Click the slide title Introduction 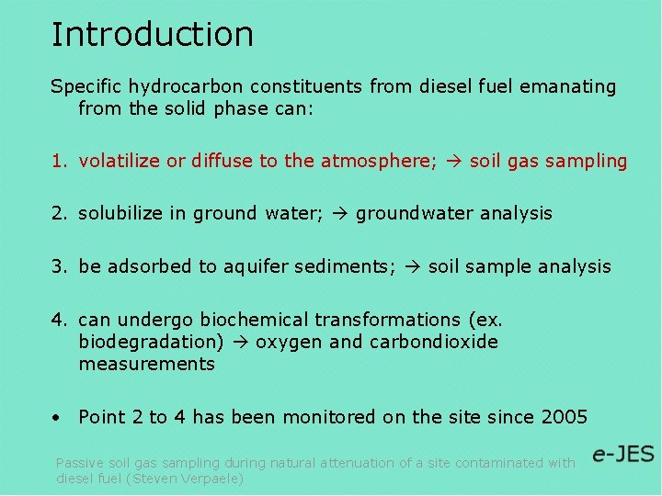pos(152,34)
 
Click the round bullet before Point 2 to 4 pos(57,418)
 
